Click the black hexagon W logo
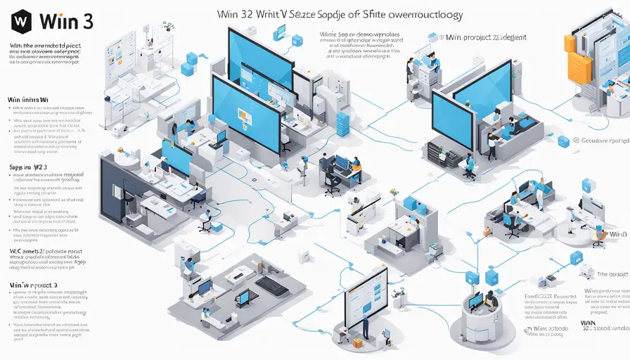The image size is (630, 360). pos(20,20)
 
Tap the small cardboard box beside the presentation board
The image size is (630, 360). pos(358,342)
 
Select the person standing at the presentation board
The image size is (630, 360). pos(366,326)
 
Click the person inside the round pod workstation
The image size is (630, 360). pos(490,300)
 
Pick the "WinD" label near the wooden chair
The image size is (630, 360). pos(619,233)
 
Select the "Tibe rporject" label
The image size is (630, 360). pos(611,275)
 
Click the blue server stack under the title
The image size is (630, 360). pos(342,124)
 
